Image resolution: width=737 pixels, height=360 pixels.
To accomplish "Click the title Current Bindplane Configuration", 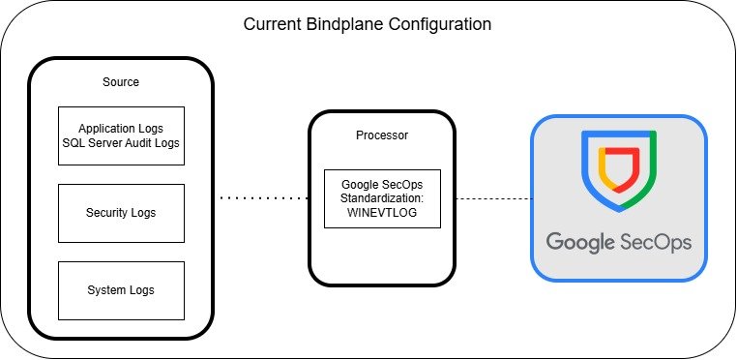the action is [x=368, y=24].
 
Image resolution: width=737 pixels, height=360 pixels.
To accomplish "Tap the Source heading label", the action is [x=121, y=82].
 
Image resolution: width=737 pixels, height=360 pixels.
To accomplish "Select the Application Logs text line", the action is [x=121, y=129].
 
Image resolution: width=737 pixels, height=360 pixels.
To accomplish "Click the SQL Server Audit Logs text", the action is [x=121, y=142].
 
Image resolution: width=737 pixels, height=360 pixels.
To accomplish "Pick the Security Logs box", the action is [x=121, y=213].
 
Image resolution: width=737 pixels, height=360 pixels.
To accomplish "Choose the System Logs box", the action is [x=121, y=291].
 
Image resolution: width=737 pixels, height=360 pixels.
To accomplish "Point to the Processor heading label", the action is [x=382, y=135].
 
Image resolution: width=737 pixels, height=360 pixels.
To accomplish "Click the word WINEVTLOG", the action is [x=382, y=212].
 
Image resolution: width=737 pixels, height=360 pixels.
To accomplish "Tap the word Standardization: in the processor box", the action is [x=382, y=198].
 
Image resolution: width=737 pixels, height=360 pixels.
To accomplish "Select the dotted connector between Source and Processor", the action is [x=264, y=198].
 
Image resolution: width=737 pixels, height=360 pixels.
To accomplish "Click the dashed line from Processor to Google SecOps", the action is [x=493, y=198].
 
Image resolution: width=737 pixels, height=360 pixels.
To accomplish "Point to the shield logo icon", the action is [x=619, y=171].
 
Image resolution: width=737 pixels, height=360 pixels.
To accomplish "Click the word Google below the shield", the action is [x=580, y=243].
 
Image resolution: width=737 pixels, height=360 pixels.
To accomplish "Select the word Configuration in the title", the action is [x=439, y=24].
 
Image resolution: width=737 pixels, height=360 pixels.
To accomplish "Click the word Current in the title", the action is [x=273, y=24].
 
